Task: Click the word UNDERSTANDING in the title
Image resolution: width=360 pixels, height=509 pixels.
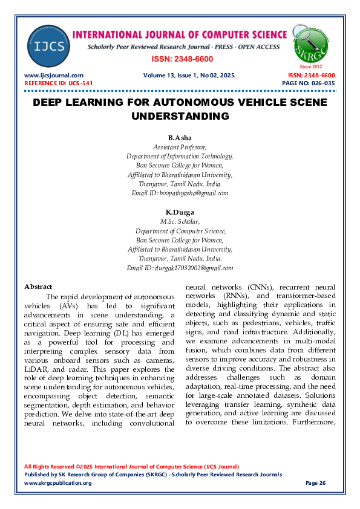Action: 180,115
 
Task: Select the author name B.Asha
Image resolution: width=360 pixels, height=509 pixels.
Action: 180,138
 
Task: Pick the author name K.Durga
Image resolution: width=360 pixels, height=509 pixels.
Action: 180,213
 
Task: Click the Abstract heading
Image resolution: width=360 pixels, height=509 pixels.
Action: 38,287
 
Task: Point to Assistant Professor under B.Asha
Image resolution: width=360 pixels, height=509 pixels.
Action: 180,147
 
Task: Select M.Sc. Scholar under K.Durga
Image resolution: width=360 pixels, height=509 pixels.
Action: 180,222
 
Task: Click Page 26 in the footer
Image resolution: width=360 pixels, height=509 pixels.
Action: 315,483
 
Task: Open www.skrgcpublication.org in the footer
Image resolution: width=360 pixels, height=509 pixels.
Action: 57,483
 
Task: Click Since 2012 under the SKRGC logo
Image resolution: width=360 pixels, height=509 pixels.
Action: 311,66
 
